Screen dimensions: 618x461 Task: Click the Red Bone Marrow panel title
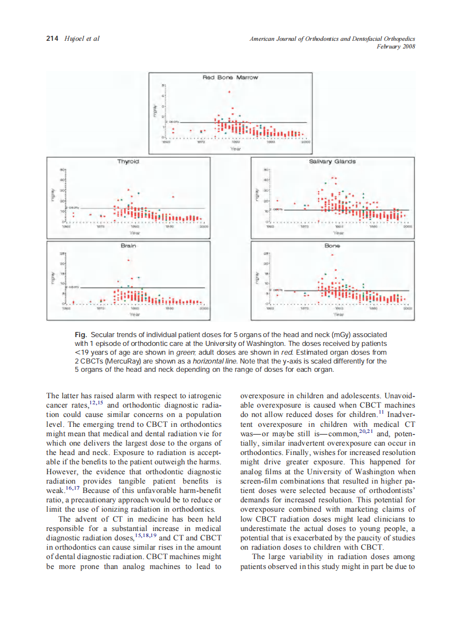(x=231, y=78)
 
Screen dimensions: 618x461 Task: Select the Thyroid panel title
(x=128, y=161)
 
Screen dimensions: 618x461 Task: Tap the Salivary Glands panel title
(x=332, y=161)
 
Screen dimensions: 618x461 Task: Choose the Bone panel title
(x=332, y=246)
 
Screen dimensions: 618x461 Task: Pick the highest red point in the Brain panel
(x=129, y=260)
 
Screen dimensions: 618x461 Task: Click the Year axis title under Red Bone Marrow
(x=235, y=148)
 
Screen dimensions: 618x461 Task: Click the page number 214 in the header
(x=52, y=39)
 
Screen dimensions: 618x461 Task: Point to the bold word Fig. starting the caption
(x=81, y=335)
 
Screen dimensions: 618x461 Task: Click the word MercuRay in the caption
(x=121, y=361)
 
